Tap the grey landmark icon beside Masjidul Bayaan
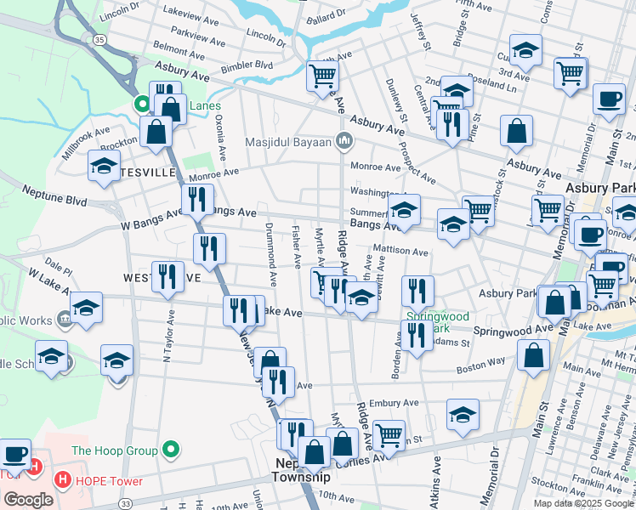pyautogui.click(x=344, y=140)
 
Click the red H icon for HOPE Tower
pyautogui.click(x=62, y=481)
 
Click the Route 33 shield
pyautogui.click(x=125, y=504)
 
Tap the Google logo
pyautogui.click(x=28, y=500)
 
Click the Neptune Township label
pyautogui.click(x=300, y=470)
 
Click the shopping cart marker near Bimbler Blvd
pyautogui.click(x=322, y=75)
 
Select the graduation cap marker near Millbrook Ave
pyautogui.click(x=103, y=165)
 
